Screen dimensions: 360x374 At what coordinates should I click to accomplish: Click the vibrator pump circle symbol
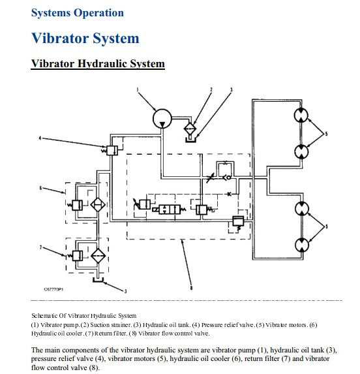point(162,119)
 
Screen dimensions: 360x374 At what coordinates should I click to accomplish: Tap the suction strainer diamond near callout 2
point(190,129)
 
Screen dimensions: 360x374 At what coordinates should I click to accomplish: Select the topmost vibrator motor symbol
point(301,116)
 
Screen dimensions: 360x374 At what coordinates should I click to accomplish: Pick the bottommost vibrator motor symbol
point(302,245)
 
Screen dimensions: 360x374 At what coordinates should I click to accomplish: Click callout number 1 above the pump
point(138,90)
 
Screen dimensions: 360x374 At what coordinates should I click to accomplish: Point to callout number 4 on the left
point(40,138)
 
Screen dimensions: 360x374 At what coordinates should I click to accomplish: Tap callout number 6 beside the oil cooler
point(40,188)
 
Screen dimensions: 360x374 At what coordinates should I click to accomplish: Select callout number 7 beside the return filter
point(40,247)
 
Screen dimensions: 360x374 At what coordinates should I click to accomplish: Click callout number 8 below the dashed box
point(191,288)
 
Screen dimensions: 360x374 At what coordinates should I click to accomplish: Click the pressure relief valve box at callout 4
point(112,151)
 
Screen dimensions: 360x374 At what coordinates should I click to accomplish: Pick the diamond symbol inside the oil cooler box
point(98,205)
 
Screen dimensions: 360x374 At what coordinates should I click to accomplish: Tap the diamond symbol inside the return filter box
point(98,255)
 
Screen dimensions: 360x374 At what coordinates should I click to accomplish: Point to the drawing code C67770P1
point(53,289)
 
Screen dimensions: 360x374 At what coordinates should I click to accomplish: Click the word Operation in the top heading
point(99,12)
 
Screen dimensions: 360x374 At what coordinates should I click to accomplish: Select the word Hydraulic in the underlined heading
point(102,64)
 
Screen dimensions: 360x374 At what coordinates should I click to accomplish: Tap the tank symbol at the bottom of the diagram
point(98,280)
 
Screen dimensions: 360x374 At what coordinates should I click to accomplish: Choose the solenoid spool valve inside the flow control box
point(170,210)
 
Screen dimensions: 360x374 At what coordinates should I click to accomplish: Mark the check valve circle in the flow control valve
point(228,178)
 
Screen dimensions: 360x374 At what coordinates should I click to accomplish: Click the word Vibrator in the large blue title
point(60,38)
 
